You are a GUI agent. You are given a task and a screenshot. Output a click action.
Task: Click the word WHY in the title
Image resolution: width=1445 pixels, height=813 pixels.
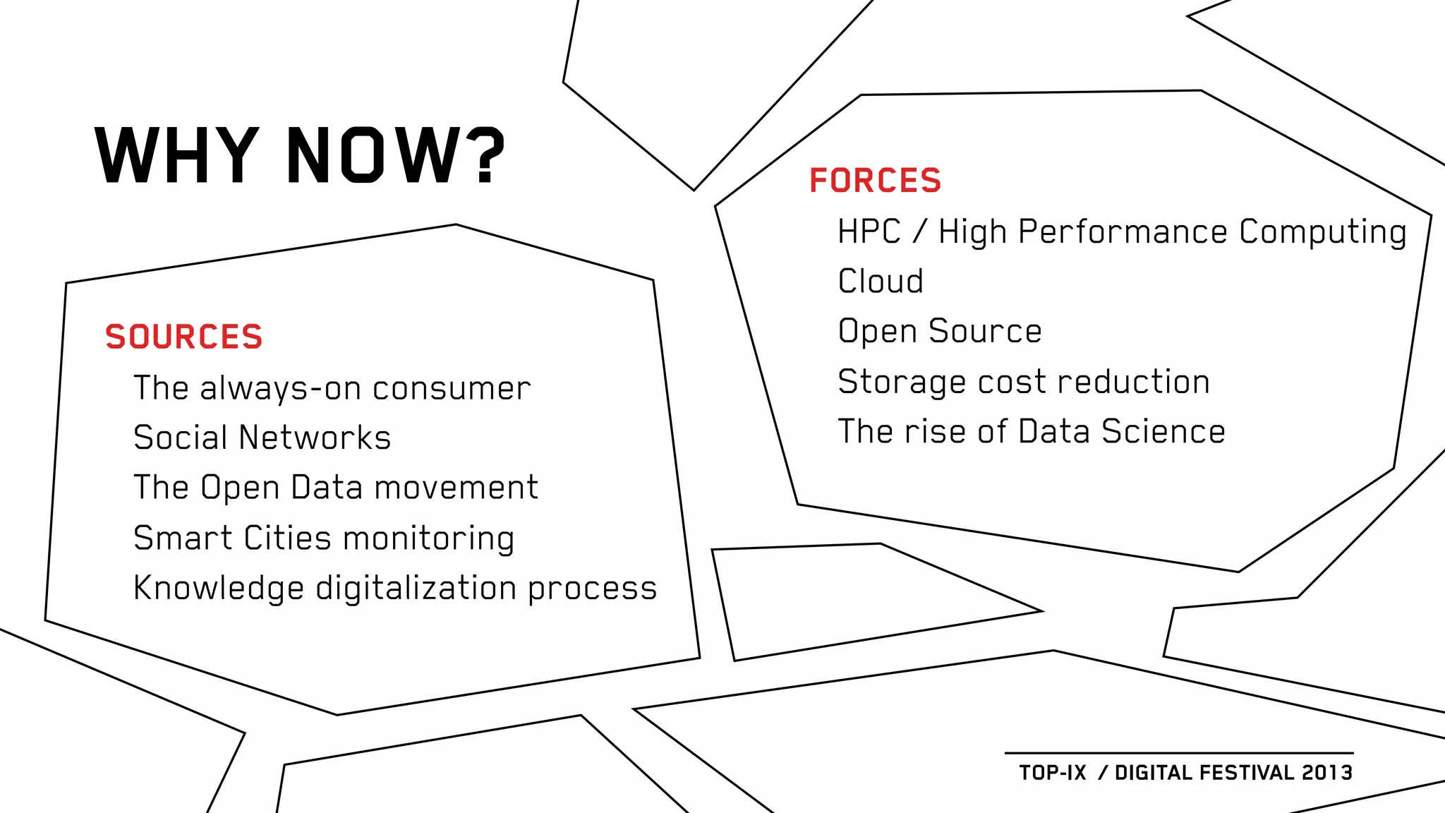[176, 155]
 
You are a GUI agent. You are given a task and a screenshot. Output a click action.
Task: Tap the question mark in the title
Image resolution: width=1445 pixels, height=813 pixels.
[488, 155]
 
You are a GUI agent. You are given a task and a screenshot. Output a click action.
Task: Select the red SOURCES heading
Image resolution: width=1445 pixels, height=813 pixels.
[183, 337]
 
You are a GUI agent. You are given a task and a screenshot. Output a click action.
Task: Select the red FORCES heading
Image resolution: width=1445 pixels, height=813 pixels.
[875, 181]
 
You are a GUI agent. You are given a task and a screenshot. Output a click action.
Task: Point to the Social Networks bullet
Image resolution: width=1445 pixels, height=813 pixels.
[262, 438]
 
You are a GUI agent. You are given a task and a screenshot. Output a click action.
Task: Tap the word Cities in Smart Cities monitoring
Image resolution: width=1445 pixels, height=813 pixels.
[287, 538]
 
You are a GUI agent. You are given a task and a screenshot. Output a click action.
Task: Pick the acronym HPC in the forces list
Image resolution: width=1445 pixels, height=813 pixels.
[869, 231]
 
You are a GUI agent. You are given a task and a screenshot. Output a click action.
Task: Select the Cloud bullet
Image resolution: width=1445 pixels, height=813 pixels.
[881, 281]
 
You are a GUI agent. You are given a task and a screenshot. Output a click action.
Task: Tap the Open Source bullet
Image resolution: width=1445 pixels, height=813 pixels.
[940, 332]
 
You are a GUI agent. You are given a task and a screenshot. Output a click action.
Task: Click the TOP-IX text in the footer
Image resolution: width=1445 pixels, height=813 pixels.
[1052, 773]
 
